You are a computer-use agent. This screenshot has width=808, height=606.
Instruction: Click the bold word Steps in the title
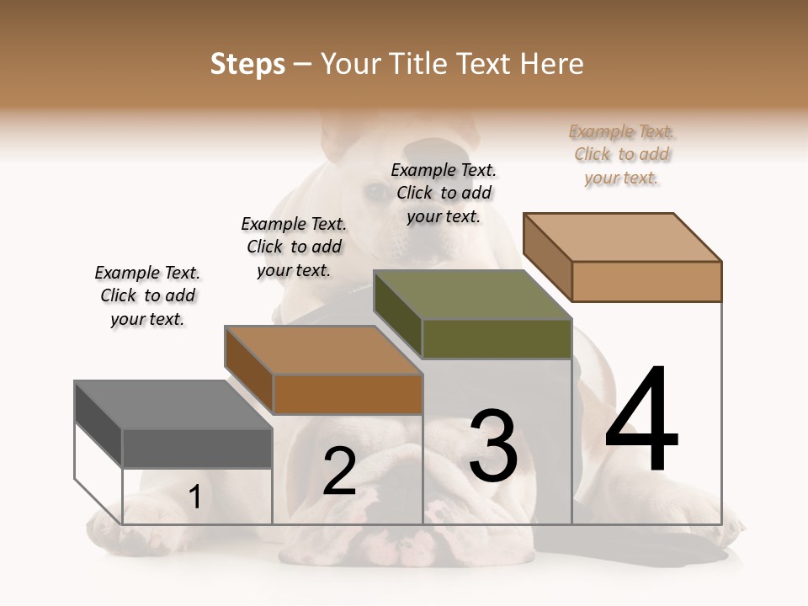point(247,64)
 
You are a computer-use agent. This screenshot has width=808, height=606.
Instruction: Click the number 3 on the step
point(493,446)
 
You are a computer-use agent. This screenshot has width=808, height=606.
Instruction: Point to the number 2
point(339,472)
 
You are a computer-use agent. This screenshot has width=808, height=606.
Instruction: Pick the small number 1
point(195,497)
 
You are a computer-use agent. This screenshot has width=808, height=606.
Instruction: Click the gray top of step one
point(173,404)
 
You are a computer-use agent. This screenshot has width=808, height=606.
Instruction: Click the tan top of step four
point(621,237)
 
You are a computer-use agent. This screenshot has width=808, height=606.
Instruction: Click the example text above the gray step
point(147,295)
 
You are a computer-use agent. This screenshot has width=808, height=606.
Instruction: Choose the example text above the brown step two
point(294,247)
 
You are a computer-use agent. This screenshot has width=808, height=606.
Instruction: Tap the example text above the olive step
point(444,193)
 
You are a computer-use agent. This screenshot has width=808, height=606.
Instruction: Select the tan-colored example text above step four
point(622,154)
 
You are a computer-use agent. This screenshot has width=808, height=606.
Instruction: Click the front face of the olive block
point(497,338)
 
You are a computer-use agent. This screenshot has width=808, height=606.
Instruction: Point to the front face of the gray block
point(197,448)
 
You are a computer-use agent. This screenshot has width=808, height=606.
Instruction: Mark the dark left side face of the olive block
point(397,314)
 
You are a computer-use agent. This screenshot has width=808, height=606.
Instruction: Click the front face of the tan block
point(646,281)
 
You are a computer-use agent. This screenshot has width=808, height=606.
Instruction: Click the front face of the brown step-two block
point(347,394)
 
